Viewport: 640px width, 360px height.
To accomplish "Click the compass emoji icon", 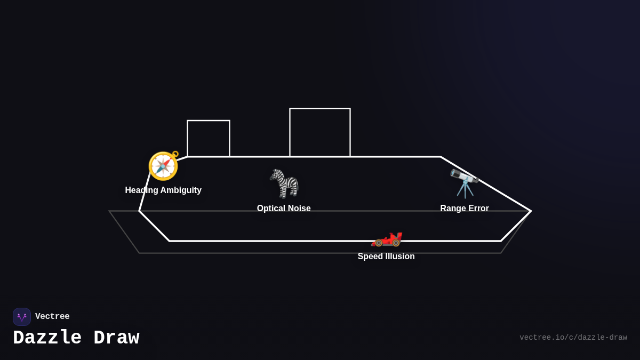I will (x=163, y=166).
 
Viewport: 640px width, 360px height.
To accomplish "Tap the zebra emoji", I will (x=284, y=183).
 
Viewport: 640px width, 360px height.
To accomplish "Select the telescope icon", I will (x=464, y=183).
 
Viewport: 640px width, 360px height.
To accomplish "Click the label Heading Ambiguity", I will (x=163, y=190).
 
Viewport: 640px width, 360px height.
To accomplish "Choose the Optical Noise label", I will (x=284, y=209).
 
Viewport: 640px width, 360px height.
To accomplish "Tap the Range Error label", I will (x=465, y=209).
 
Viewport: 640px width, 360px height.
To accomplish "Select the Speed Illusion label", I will (x=386, y=257).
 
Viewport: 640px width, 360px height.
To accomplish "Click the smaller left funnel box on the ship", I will (x=209, y=139).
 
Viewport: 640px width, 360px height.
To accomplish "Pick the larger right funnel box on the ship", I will (x=320, y=133).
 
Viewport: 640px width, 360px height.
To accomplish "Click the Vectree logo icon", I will (x=22, y=317).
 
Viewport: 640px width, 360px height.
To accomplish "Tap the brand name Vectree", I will (x=52, y=317).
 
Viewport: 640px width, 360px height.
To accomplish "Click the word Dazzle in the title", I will (x=47, y=338).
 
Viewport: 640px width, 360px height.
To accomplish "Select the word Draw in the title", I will (x=116, y=338).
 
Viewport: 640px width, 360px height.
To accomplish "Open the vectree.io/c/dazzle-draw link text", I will (x=573, y=338).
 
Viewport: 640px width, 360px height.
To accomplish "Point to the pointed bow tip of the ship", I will (x=530, y=211).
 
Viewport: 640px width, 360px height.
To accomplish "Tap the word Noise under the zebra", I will (x=299, y=209).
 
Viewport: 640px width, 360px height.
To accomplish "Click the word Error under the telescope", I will (x=478, y=209).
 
